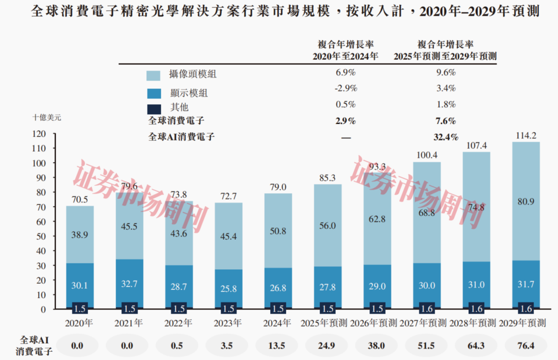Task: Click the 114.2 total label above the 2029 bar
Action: [522, 135]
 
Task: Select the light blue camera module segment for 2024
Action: [278, 230]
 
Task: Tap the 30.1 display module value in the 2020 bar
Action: [80, 286]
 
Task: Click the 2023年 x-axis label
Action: [228, 323]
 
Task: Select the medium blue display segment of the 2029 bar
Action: [522, 284]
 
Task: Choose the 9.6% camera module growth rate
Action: [445, 73]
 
